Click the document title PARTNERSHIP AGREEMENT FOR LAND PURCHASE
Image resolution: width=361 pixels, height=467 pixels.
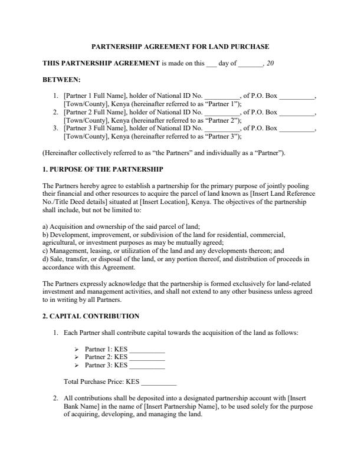coord(180,47)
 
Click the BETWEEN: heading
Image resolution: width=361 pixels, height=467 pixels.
coord(62,78)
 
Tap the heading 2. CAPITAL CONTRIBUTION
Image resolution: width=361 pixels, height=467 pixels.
coord(91,316)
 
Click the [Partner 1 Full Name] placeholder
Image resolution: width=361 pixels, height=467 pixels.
coord(91,95)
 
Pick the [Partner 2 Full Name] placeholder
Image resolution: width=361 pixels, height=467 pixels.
coord(91,111)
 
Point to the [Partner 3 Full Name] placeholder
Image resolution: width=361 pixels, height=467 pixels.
coord(91,128)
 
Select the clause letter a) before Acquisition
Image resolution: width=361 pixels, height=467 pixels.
coord(45,226)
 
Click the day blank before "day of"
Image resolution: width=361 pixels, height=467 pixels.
coord(211,63)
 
